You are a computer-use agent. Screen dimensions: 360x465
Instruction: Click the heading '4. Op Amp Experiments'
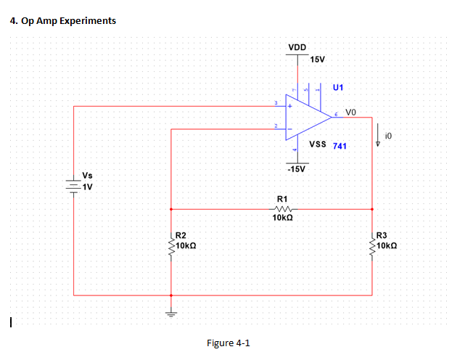click(x=64, y=20)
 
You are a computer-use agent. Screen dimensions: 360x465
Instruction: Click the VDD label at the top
click(x=297, y=48)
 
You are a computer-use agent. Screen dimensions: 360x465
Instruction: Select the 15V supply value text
click(x=317, y=59)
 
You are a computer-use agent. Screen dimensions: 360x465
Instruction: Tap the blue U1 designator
click(x=338, y=87)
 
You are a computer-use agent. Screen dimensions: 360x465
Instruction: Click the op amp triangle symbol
click(x=304, y=117)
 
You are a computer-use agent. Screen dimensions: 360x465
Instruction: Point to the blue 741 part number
click(x=340, y=146)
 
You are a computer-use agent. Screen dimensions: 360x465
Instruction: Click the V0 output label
click(x=351, y=112)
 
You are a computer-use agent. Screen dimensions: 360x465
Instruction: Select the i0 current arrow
click(x=377, y=136)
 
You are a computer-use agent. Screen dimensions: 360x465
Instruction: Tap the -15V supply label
click(x=297, y=169)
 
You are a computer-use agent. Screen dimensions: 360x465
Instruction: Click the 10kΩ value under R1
click(x=283, y=218)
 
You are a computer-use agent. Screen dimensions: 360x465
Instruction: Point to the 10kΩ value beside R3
click(x=387, y=246)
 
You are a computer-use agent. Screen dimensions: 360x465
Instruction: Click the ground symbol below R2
click(x=171, y=314)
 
